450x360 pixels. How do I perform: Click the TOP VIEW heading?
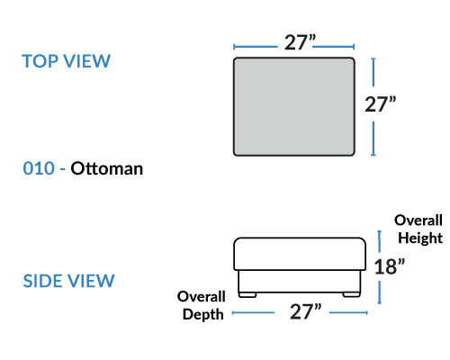[67, 61]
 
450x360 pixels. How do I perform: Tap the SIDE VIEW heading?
[68, 281]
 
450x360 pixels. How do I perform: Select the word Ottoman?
[107, 168]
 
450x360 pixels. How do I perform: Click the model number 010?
[39, 168]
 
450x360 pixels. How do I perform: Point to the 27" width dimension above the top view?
[300, 42]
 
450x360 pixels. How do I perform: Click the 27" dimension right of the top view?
[380, 104]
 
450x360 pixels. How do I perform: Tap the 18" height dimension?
[390, 266]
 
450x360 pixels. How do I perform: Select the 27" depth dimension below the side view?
[305, 311]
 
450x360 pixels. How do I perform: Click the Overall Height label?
[418, 229]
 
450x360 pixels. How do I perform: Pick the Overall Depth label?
[202, 305]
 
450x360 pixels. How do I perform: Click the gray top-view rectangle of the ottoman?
[294, 106]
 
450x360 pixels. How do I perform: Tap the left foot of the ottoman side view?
[247, 295]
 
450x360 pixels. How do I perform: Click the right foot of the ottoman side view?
[351, 295]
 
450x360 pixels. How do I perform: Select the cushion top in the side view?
[300, 254]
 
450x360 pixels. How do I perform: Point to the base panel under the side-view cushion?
[300, 282]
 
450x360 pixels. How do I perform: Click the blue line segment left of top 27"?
[256, 47]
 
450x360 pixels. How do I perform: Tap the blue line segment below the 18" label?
[380, 292]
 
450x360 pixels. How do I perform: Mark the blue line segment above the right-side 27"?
[373, 72]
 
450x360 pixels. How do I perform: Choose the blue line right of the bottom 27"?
[348, 312]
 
